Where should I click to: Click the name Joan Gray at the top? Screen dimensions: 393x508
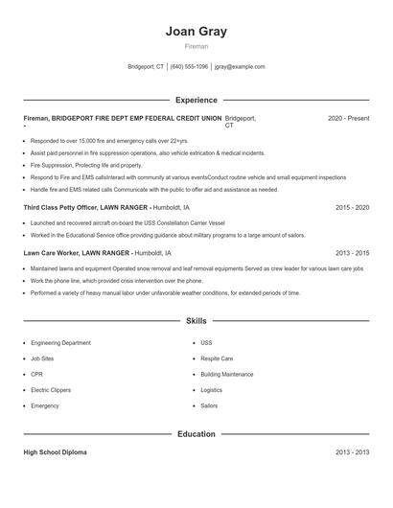click(x=196, y=30)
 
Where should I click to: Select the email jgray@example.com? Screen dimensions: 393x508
click(x=240, y=67)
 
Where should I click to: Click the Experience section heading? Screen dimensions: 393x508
click(x=196, y=100)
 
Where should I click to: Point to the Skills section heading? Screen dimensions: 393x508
click(x=196, y=320)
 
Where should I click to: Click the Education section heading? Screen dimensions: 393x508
click(x=196, y=434)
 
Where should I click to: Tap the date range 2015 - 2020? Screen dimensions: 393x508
click(x=353, y=207)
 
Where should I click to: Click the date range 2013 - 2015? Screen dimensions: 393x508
click(x=353, y=253)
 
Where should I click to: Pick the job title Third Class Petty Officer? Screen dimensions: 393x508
click(x=61, y=207)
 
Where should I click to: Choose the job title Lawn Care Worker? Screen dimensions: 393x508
click(x=51, y=253)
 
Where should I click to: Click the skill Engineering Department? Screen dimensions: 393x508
click(x=60, y=342)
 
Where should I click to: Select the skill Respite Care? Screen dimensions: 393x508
click(x=217, y=358)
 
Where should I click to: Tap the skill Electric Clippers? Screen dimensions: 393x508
click(x=52, y=390)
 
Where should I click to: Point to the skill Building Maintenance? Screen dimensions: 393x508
click(x=227, y=374)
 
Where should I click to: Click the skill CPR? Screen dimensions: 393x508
click(x=36, y=374)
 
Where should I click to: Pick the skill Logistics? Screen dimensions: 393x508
click(x=212, y=390)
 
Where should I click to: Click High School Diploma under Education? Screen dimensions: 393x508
click(x=55, y=452)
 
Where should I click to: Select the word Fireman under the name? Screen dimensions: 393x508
click(x=196, y=46)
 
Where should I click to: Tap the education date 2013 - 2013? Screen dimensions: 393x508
click(x=353, y=452)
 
